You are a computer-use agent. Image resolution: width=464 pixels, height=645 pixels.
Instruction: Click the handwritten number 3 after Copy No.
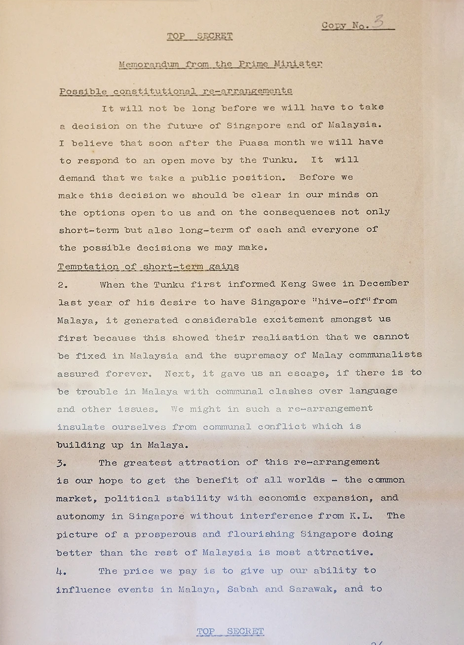378,22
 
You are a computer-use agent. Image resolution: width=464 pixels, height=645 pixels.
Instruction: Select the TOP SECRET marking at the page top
199,36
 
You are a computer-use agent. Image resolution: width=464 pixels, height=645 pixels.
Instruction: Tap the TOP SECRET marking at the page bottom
230,631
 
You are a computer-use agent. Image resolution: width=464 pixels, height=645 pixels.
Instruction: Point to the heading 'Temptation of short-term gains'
148,266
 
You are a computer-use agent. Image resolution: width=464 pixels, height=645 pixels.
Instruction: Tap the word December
384,284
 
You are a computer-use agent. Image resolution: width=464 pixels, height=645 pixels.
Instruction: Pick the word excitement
293,320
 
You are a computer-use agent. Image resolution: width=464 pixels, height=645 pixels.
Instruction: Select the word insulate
81,427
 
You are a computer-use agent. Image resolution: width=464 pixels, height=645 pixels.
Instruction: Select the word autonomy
80,516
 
